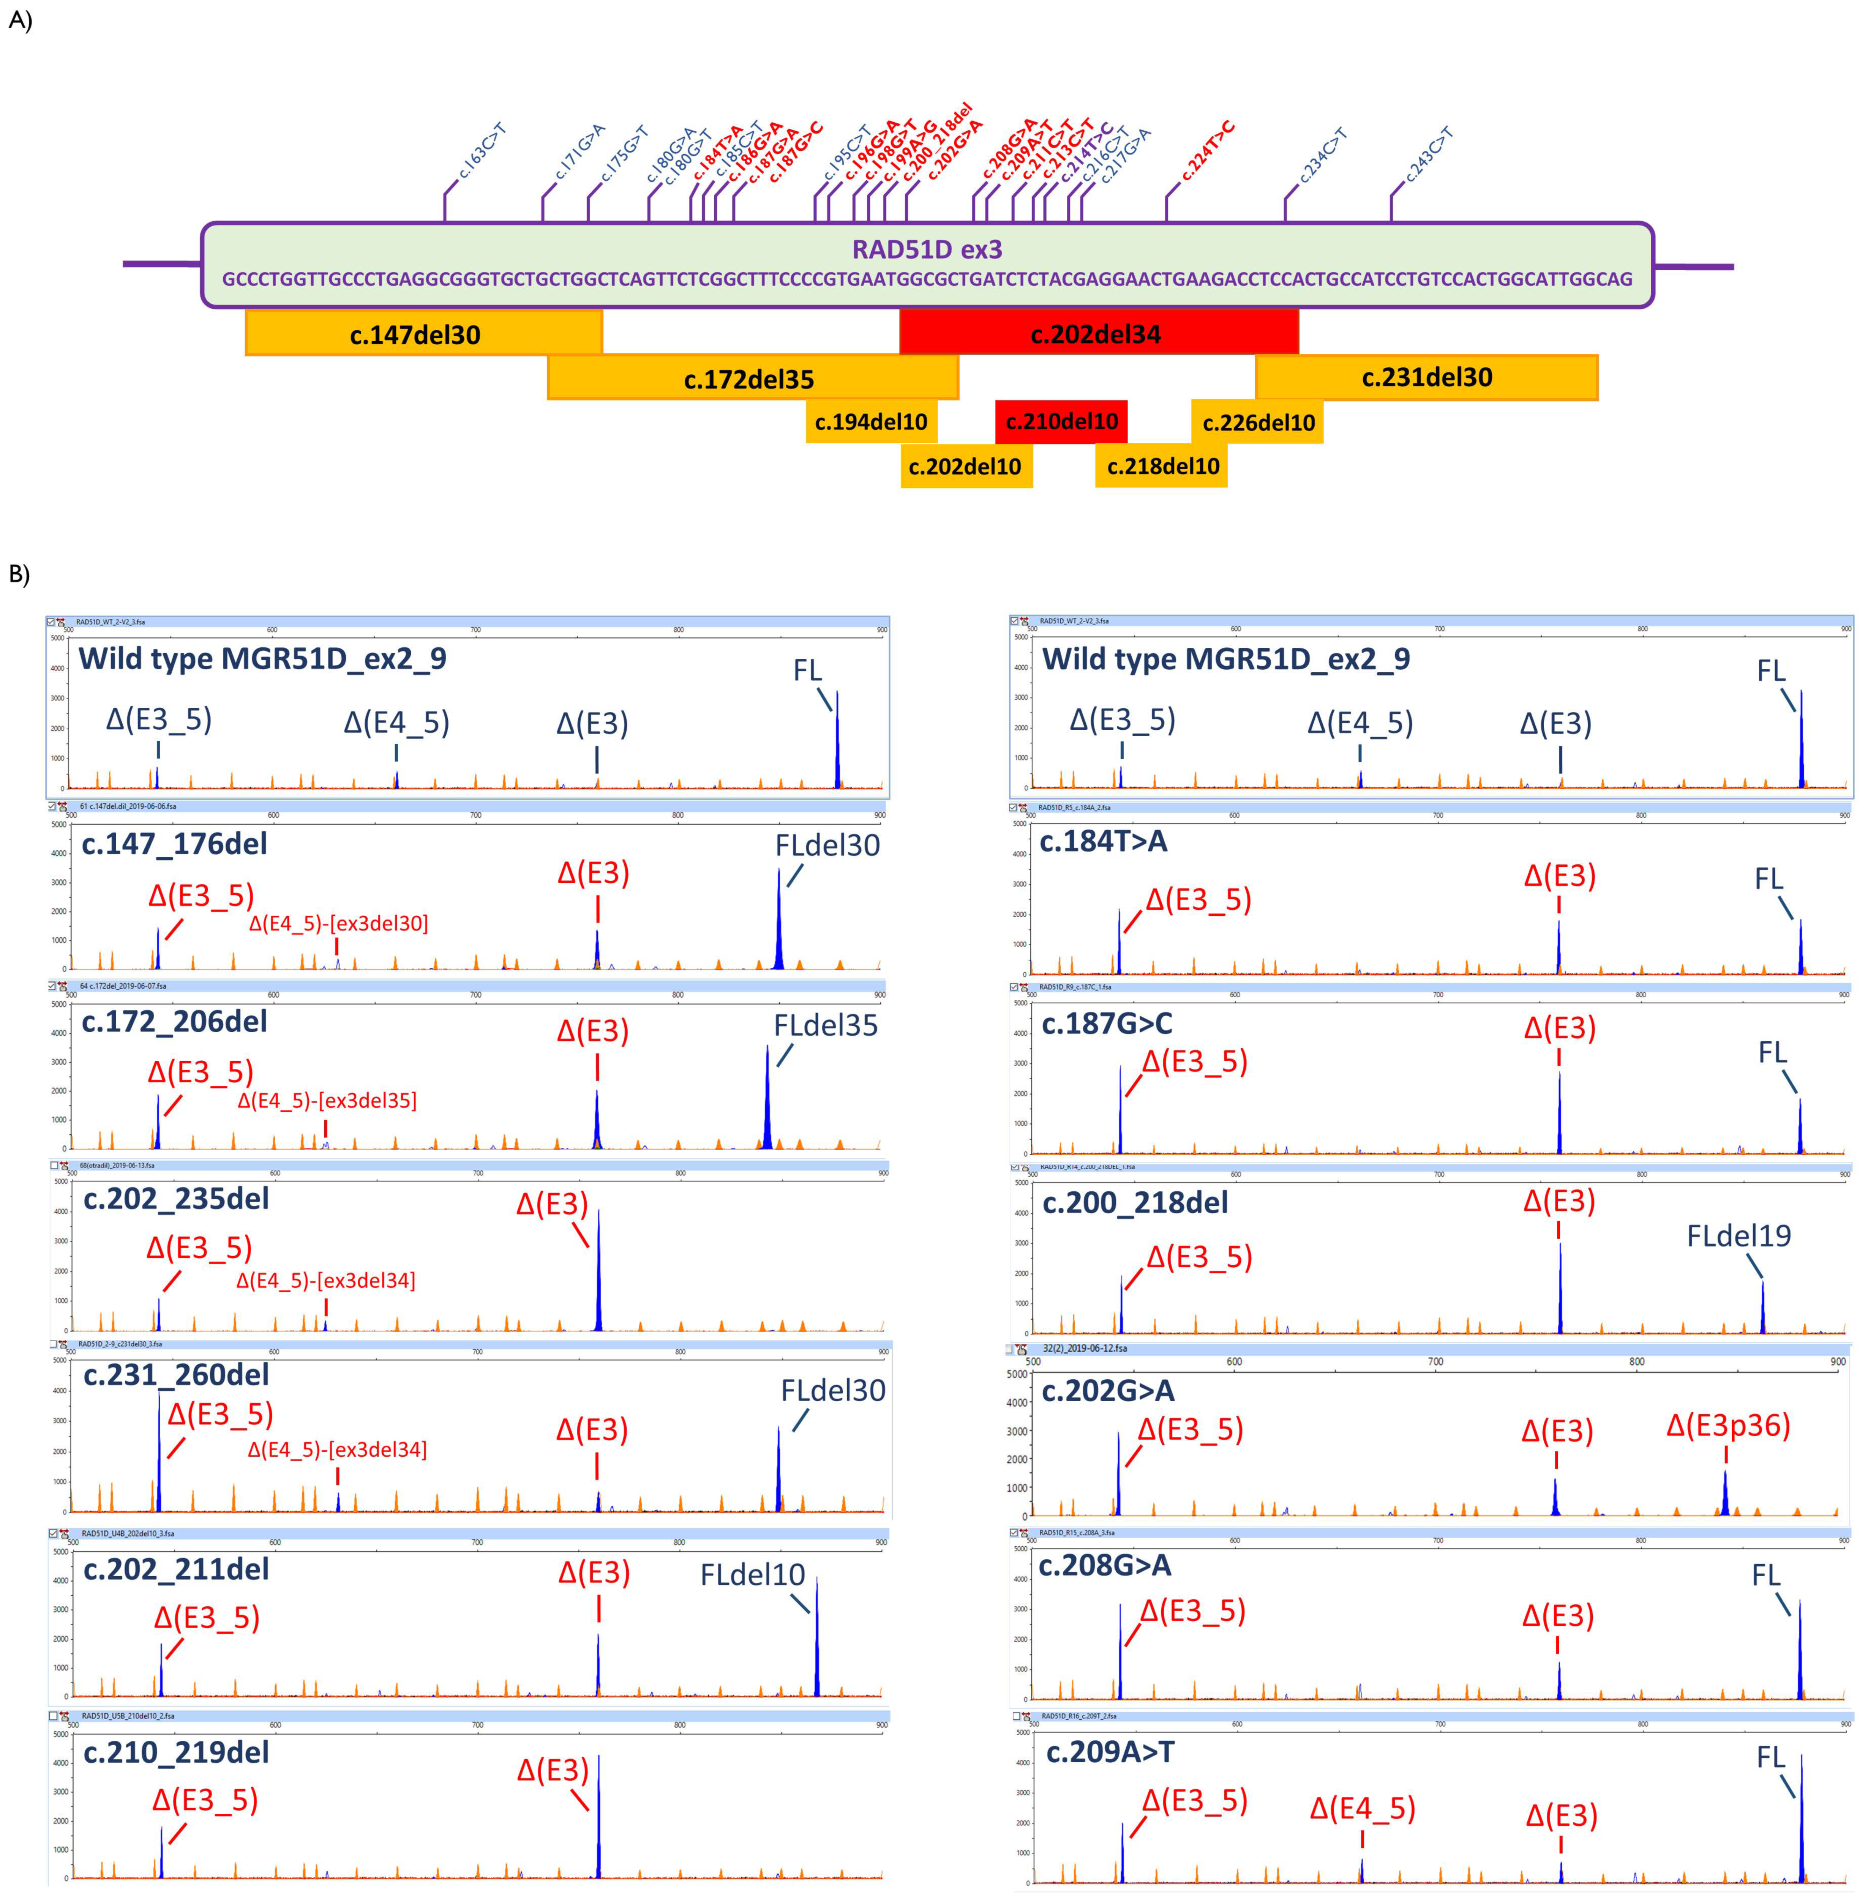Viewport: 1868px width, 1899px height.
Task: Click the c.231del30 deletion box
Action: pos(1426,378)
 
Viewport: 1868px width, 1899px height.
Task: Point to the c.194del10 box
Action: pos(870,422)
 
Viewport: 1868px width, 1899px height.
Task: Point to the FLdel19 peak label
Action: pos(1739,1236)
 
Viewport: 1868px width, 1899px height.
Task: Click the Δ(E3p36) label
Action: pos(1728,1425)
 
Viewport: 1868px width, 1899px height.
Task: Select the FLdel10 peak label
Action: pos(753,1575)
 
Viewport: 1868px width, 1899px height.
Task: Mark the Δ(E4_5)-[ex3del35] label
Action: pos(327,1101)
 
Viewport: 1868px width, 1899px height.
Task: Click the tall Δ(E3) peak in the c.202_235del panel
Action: pos(598,1275)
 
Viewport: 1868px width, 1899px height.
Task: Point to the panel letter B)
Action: pos(20,574)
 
